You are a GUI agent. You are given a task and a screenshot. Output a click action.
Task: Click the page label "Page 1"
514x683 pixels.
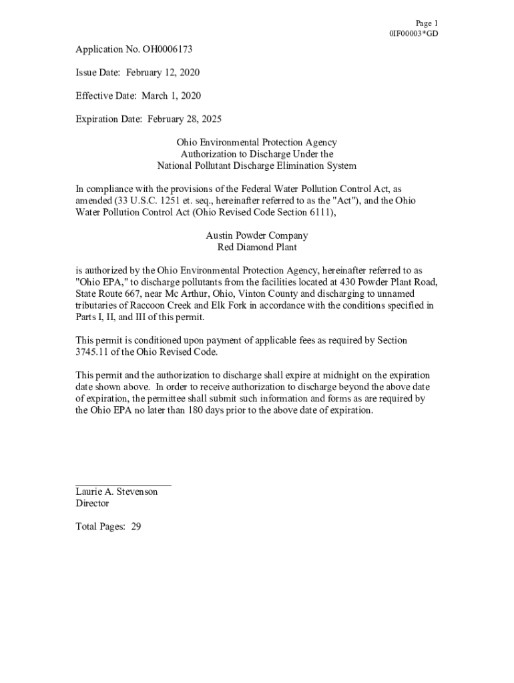pos(426,23)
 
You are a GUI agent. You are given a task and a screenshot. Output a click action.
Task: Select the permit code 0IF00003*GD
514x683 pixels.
pos(414,34)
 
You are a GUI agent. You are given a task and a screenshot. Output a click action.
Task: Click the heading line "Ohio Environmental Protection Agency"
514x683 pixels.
pos(256,143)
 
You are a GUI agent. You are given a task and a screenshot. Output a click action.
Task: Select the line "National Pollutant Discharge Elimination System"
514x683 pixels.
pos(256,166)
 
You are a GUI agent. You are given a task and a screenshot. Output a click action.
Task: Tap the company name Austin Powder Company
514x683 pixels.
pos(256,235)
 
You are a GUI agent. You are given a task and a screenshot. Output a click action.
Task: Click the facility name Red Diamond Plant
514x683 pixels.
pos(257,247)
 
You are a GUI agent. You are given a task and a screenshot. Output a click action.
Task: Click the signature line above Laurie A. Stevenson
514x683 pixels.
pos(123,484)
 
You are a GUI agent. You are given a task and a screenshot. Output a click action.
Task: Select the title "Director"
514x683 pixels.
pos(92,504)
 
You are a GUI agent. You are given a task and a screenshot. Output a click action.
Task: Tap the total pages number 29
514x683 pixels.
pos(136,527)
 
